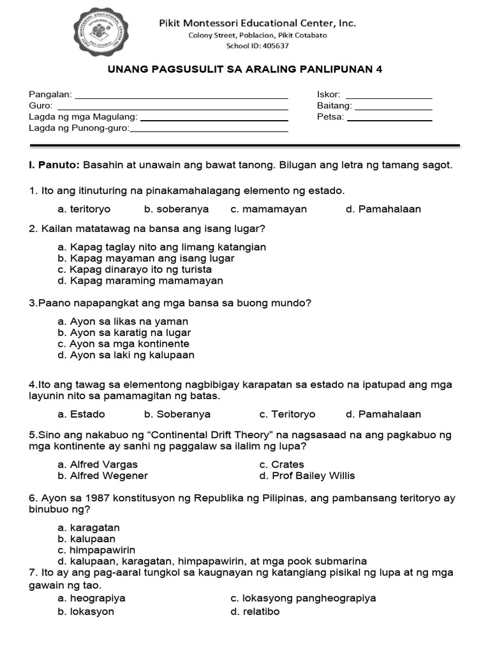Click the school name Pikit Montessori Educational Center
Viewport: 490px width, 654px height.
(x=257, y=23)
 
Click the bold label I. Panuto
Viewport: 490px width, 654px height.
(x=54, y=165)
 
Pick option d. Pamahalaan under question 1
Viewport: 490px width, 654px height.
(x=383, y=209)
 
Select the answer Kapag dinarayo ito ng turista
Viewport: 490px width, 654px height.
(x=134, y=270)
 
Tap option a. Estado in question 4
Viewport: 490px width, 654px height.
(x=80, y=414)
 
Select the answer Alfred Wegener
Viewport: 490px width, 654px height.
(x=102, y=475)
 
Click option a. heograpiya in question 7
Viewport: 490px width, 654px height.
(x=91, y=598)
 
